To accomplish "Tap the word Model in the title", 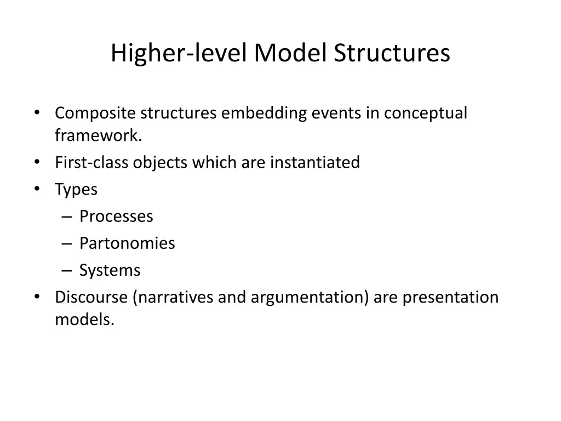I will point(290,54).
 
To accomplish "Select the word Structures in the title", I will point(392,54).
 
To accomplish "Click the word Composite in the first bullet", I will point(95,113).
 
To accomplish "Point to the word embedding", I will point(264,113).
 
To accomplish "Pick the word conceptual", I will point(425,113).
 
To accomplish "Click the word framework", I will point(98,135).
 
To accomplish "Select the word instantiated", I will point(315,163).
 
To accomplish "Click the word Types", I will point(76,190).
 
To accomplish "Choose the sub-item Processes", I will point(116,217).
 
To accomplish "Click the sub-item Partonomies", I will point(127,243).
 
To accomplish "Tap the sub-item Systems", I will point(110,270).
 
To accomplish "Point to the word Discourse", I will point(91,297).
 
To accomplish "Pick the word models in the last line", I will point(84,320).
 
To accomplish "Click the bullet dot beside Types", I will point(36,189).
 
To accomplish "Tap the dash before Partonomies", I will point(67,243).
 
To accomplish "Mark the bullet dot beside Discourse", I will point(36,296).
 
